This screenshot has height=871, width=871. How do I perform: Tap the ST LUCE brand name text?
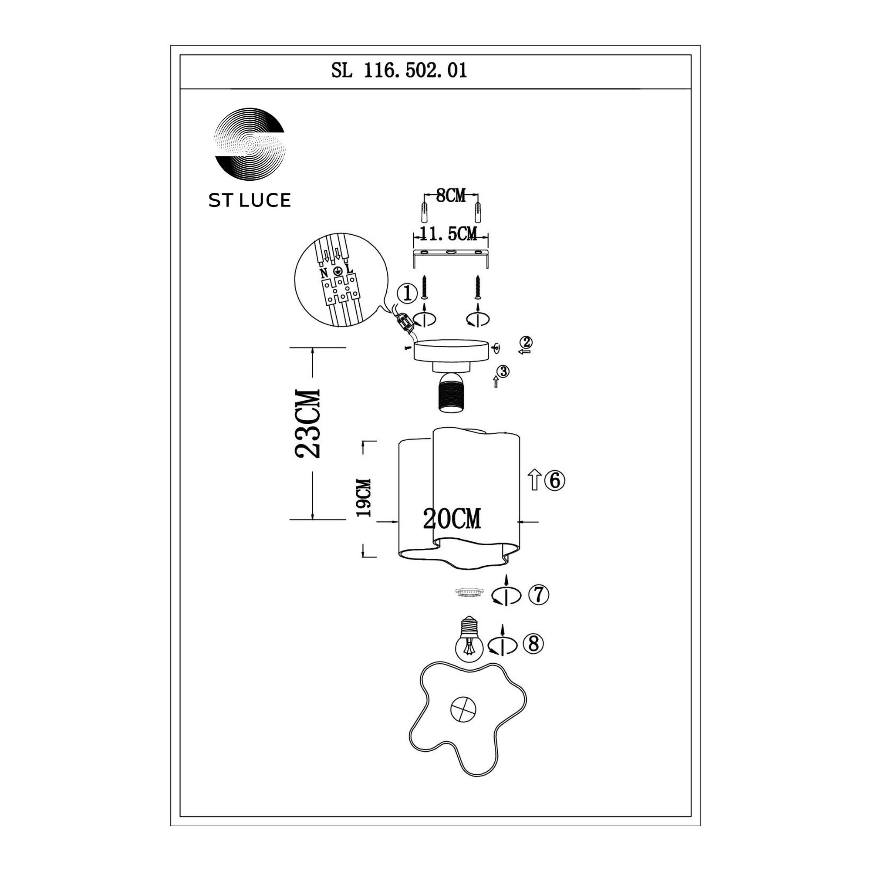point(249,201)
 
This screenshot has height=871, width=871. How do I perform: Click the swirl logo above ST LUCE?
point(249,144)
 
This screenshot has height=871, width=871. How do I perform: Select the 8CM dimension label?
point(451,196)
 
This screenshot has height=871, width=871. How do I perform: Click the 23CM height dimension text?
point(307,423)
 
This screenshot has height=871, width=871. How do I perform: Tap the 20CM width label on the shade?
point(452,519)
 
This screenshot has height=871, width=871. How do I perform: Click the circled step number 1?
point(408,294)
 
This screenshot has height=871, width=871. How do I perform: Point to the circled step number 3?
point(503,371)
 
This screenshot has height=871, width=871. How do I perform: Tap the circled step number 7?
point(539,595)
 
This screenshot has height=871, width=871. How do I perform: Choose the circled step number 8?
point(533,644)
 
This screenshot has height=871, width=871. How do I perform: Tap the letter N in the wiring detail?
point(324,273)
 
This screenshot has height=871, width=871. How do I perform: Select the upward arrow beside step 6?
point(534,479)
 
